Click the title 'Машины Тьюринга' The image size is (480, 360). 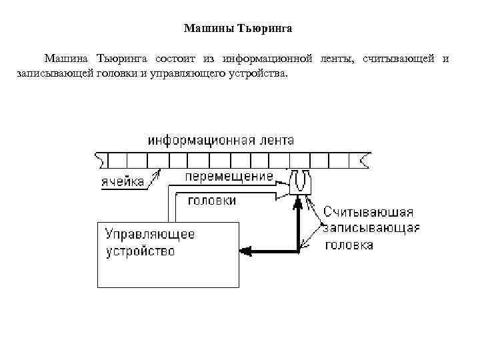coord(237,29)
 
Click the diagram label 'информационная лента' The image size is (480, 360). coord(221,141)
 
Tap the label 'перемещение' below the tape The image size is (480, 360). coord(229,177)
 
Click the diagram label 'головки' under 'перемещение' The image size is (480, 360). coord(212,199)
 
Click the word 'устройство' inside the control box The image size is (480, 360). coord(141,251)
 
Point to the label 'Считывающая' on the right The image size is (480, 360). coord(368,212)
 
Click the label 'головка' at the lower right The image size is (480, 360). coord(349,245)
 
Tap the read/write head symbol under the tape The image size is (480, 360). coord(299,181)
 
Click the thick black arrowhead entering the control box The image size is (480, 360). coord(245,251)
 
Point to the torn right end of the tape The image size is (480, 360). coord(364,160)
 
